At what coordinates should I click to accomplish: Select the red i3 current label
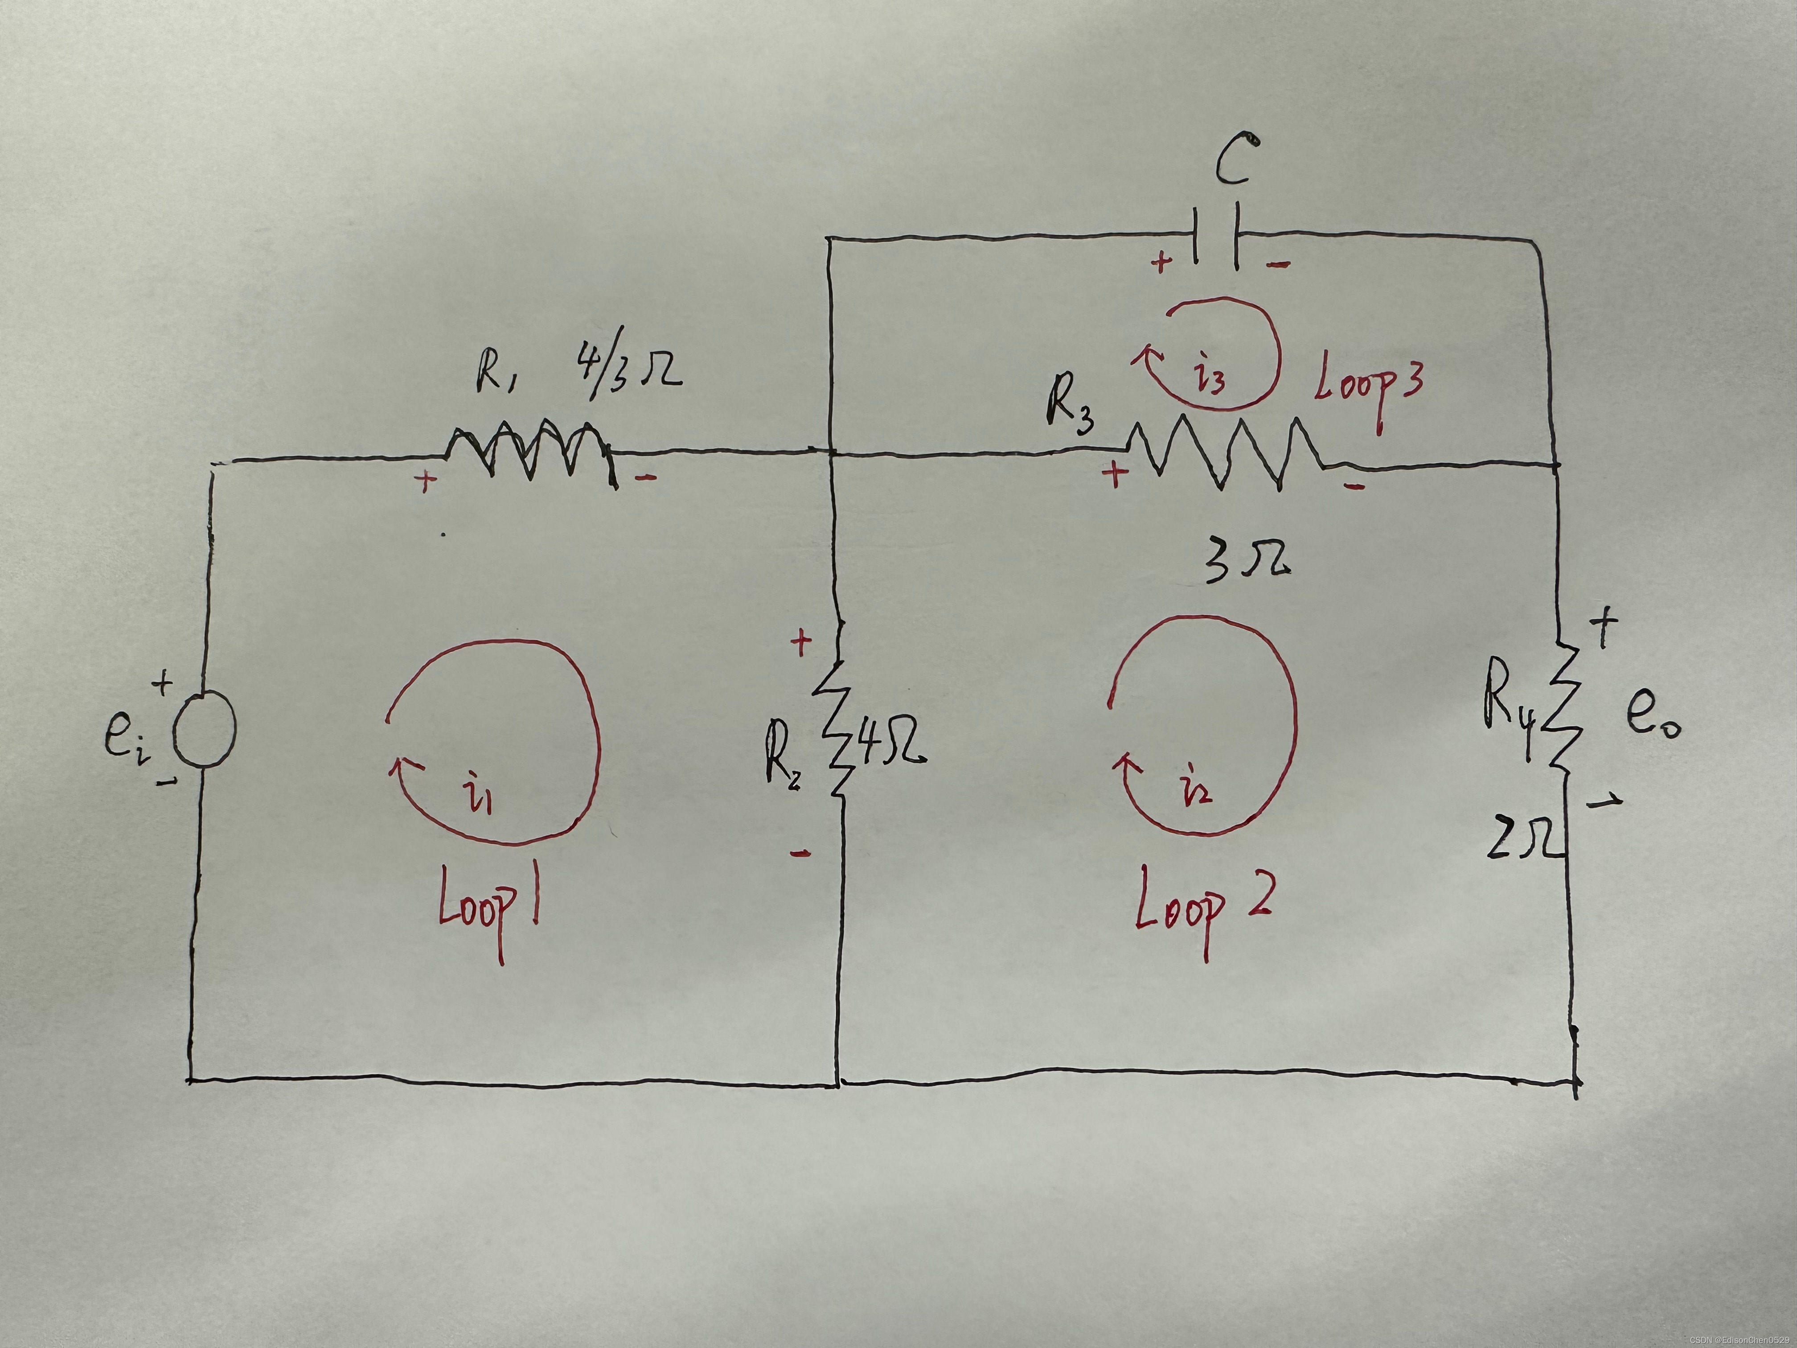click(1210, 378)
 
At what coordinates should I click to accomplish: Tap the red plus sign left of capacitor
click(1162, 263)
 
